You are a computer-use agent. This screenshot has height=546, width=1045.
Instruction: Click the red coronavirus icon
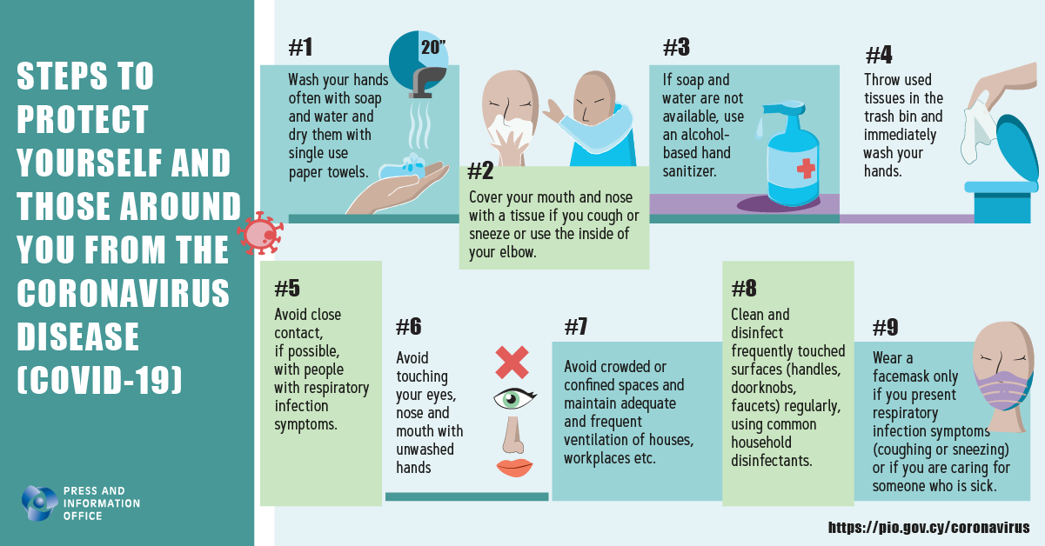coord(260,233)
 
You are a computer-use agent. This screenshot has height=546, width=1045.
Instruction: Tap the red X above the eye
coord(512,363)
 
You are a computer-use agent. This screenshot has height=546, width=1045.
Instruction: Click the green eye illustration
coord(514,399)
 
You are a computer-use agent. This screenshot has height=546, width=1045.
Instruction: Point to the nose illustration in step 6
coord(513,435)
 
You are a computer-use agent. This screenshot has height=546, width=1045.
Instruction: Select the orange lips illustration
coord(514,468)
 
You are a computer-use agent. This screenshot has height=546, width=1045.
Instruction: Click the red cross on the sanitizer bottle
coord(806,169)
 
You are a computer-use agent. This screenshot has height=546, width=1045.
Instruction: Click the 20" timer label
coord(433,47)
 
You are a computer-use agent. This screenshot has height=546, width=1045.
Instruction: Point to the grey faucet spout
coord(427,82)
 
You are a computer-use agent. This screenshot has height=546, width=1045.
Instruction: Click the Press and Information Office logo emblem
coord(40,503)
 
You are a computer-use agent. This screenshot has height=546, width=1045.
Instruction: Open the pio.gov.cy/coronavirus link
coord(928,528)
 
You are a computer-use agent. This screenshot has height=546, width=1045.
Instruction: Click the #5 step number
coord(287,288)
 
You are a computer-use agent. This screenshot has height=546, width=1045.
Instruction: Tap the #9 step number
coord(885,327)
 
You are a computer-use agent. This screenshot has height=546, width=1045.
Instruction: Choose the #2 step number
coord(480,170)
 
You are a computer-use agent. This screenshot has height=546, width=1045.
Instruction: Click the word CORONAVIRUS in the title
coord(124,293)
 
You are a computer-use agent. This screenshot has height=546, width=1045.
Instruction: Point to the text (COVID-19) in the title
coord(99,380)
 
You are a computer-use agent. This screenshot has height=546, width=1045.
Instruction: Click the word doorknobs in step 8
coord(764,388)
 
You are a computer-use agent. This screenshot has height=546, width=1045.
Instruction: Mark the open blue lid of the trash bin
coord(1018,149)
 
